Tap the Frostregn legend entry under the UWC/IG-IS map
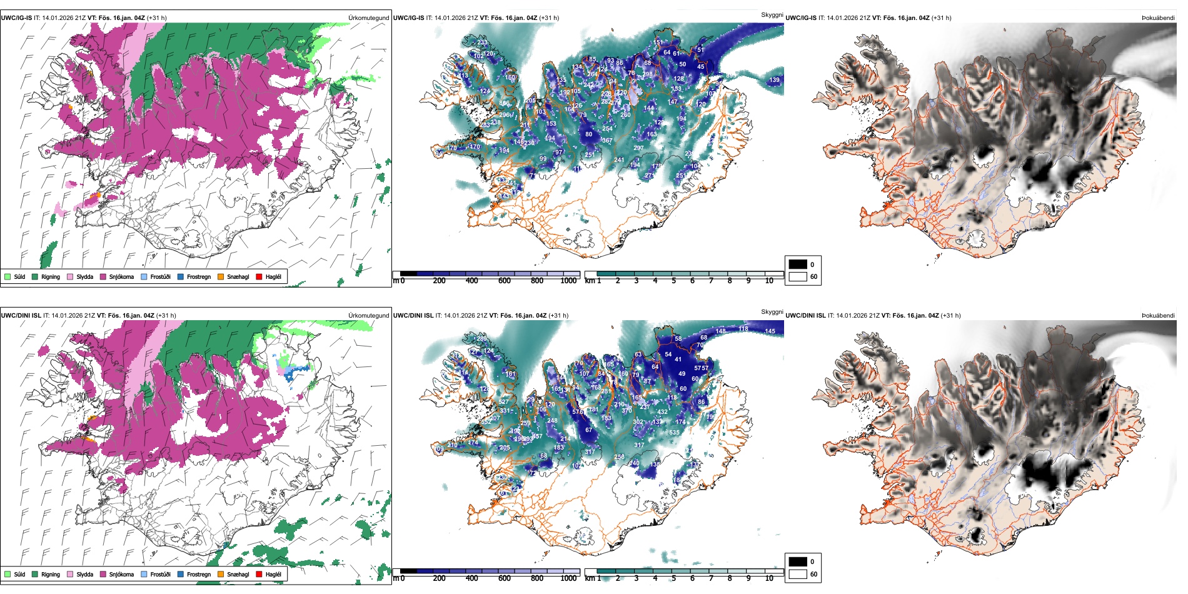(x=198, y=276)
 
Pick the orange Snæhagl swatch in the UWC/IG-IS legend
(x=221, y=276)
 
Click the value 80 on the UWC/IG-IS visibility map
(x=588, y=134)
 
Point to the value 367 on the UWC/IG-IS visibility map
(x=607, y=141)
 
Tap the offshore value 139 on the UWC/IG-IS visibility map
(x=775, y=80)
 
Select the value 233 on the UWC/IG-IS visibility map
(x=482, y=43)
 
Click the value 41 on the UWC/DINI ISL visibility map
(x=678, y=360)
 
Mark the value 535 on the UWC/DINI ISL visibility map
(x=674, y=433)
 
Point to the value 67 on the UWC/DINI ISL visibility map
(x=588, y=430)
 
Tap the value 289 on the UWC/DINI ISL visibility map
(x=482, y=339)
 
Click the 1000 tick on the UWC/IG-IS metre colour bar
(x=568, y=281)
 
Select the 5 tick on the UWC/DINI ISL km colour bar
(x=674, y=578)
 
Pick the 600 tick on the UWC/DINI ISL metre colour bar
(x=505, y=578)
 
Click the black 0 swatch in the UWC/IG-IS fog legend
(x=798, y=264)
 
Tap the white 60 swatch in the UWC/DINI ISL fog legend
(x=798, y=574)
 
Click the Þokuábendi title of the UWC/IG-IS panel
(x=1158, y=18)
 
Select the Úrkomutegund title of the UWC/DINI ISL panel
(x=368, y=316)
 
